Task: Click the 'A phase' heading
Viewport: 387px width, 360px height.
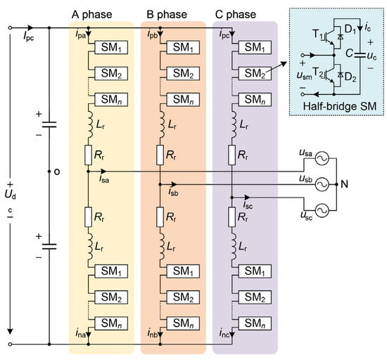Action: click(91, 15)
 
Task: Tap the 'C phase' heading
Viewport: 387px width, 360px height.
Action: click(236, 15)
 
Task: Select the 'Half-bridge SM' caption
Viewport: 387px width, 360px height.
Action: click(340, 106)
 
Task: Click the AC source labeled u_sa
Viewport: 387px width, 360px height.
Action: click(322, 158)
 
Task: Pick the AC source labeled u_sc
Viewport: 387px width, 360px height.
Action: click(322, 210)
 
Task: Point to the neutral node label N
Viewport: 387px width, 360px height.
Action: click(344, 184)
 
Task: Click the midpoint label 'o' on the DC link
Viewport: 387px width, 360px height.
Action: click(57, 172)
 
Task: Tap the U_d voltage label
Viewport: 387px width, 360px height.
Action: click(10, 195)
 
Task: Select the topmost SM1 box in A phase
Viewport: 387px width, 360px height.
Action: click(111, 47)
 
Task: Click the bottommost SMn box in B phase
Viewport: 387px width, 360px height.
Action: click(183, 323)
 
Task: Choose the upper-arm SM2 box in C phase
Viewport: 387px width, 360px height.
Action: click(255, 73)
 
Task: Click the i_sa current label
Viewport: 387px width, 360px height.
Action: click(104, 179)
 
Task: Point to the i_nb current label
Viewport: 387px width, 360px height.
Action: click(152, 333)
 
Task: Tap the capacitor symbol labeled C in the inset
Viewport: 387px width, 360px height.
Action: click(360, 56)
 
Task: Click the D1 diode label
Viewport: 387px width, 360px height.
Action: click(350, 30)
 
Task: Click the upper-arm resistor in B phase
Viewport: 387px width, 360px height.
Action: click(160, 155)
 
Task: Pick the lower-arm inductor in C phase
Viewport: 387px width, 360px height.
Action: click(234, 247)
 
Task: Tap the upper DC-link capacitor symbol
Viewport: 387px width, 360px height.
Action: click(49, 124)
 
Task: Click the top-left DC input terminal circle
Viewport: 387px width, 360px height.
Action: click(10, 28)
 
